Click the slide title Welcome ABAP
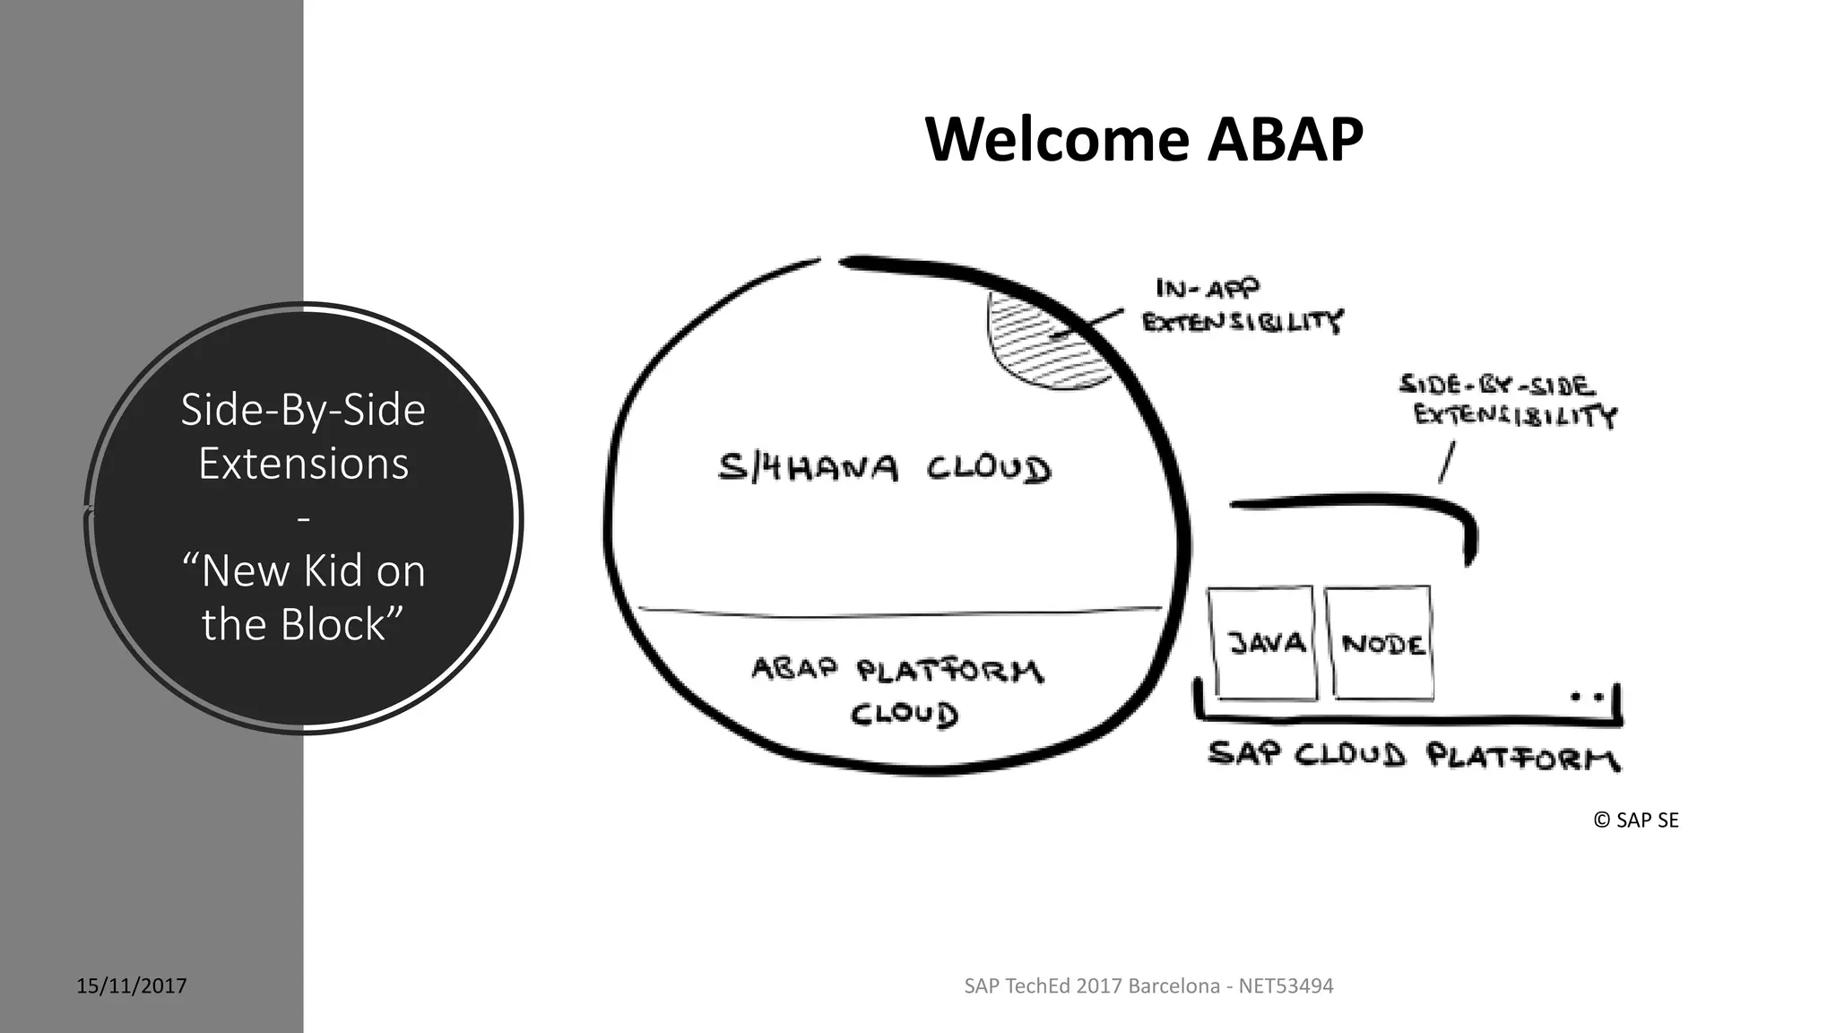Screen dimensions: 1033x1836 point(1143,140)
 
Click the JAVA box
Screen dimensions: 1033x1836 point(1262,643)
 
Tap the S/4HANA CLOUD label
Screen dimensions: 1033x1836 point(884,468)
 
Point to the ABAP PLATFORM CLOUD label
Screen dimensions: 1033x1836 point(896,690)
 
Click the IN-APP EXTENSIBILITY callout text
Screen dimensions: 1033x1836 point(1242,306)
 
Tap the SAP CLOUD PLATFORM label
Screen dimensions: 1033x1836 point(1413,755)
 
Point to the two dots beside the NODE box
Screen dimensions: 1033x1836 point(1586,696)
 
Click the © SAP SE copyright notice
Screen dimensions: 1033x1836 point(1635,820)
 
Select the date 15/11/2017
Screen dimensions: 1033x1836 point(132,986)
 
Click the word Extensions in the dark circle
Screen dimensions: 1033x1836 point(303,464)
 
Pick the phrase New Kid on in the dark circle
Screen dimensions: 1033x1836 point(303,571)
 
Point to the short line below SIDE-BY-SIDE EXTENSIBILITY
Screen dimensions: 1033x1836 point(1446,463)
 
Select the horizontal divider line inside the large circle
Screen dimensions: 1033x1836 point(896,613)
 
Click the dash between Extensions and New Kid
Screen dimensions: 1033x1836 point(303,519)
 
